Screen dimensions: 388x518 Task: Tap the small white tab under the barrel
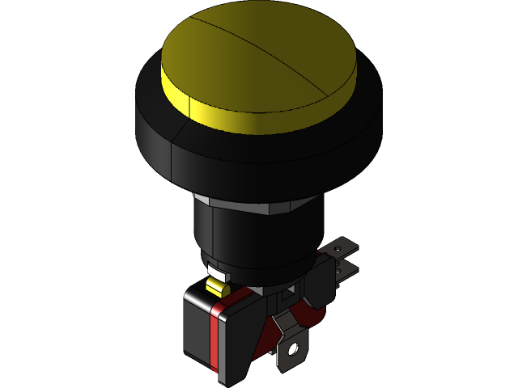[214, 272]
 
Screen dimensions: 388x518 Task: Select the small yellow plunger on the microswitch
[216, 286]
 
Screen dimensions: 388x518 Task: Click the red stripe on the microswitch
[215, 339]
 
